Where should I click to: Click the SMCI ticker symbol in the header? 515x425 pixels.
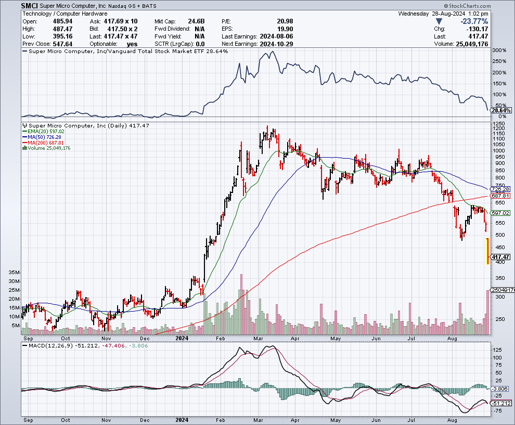pyautogui.click(x=30, y=6)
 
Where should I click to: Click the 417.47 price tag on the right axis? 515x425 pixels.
pyautogui.click(x=500, y=256)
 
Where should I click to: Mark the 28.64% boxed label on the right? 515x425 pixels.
pyautogui.click(x=502, y=111)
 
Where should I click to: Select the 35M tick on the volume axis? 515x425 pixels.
pyautogui.click(x=14, y=272)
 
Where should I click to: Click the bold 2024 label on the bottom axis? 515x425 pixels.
pyautogui.click(x=182, y=419)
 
